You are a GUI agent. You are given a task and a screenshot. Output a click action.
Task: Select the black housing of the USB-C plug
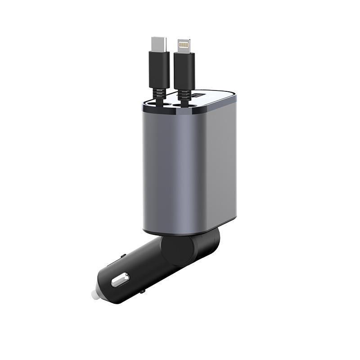click(x=159, y=67)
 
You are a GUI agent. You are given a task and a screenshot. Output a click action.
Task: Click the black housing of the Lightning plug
click(x=184, y=68)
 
